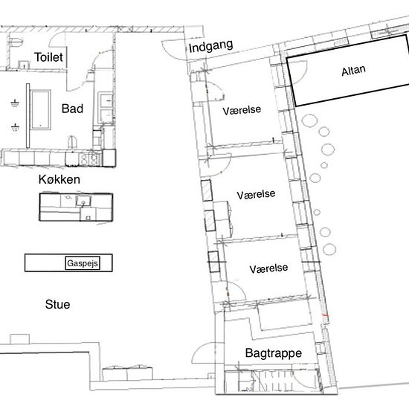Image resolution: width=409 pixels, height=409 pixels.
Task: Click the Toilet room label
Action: coord(48,57)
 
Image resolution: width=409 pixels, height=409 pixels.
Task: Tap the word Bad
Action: coord(72,109)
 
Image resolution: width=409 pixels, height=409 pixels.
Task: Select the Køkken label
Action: coord(59,179)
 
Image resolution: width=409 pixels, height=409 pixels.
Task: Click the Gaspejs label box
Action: coord(83,263)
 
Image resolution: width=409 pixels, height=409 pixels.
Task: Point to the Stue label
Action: coord(58,304)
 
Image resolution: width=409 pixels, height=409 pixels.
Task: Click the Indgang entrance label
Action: coord(210,46)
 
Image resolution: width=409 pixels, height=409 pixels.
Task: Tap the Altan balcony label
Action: coord(353,71)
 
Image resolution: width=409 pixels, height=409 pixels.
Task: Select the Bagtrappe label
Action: coord(274,353)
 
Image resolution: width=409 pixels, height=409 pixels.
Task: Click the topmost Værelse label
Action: coord(242,110)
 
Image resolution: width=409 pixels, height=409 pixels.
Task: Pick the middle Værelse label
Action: coord(256,195)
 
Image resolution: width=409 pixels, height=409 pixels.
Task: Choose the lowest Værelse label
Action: coord(268,268)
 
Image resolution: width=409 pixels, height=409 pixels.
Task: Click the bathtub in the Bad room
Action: coord(40,110)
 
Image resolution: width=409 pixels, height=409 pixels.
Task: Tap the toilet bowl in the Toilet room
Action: coord(16,42)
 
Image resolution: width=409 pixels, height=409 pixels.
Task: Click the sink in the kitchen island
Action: coord(83,201)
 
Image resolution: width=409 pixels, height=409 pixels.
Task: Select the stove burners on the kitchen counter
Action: coord(89,158)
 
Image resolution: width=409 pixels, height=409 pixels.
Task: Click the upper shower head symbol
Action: coord(15,103)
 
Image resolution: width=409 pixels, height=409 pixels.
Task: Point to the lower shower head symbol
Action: coord(15,127)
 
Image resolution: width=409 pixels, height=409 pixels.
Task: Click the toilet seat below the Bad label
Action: coord(73,143)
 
